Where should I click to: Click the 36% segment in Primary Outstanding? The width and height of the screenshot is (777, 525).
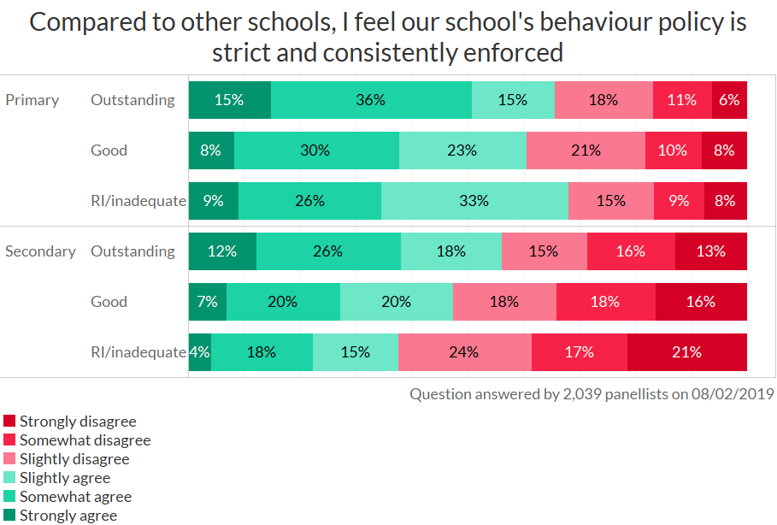point(371,100)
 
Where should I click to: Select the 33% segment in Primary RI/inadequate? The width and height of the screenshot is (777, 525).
point(474,201)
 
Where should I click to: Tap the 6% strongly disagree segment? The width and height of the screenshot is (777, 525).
point(729,100)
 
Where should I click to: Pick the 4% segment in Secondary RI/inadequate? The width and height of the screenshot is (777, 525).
point(199,352)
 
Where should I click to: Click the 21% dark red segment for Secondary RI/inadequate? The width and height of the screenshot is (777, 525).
point(686,352)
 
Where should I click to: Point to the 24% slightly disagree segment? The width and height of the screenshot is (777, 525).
point(464,352)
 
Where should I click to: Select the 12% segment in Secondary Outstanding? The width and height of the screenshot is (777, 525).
point(222,251)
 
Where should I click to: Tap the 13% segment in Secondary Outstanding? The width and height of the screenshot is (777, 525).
point(710,251)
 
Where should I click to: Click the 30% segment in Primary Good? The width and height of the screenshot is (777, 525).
point(315,150)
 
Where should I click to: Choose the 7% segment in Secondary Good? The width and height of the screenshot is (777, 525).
point(208,302)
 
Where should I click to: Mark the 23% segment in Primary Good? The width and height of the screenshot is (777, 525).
point(462,150)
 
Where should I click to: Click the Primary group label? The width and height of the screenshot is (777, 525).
point(32,100)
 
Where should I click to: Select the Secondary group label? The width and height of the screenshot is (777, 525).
point(40,251)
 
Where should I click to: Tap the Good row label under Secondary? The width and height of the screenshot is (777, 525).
point(109,302)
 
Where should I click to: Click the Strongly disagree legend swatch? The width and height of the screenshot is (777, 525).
point(9,422)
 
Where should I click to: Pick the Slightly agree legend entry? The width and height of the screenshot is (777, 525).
point(64,478)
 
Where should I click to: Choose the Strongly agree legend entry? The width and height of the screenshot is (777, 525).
point(68,516)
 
